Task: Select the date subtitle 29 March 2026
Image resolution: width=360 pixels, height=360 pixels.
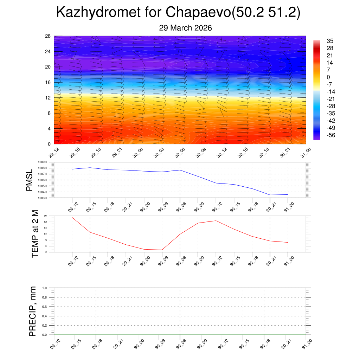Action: pos(185,28)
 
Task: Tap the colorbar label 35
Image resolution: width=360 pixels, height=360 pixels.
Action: pos(330,41)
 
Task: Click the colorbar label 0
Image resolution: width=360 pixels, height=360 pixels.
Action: pos(328,77)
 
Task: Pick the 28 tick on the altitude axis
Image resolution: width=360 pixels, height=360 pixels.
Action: pos(48,36)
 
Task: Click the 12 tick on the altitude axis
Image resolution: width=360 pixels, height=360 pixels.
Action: pos(48,98)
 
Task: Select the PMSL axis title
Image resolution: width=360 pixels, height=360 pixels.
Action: pos(29,180)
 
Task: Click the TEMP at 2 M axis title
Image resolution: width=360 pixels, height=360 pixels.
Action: pos(35,234)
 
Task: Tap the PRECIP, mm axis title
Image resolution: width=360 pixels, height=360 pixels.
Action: pos(33,311)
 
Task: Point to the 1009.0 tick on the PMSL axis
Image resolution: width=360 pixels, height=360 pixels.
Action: pos(48,162)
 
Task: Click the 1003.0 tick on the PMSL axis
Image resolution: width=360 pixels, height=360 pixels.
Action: pos(48,198)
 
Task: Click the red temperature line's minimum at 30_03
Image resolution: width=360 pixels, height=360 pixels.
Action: pos(162,250)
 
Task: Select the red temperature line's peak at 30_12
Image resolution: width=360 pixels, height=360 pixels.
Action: pos(216,221)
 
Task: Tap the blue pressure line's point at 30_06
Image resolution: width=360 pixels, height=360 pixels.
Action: pos(180,170)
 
